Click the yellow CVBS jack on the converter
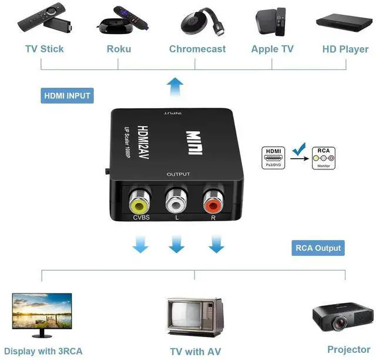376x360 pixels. coord(139,204)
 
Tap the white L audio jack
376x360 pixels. coord(176,203)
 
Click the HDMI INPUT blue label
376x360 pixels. coord(68,95)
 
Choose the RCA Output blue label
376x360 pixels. coord(317,248)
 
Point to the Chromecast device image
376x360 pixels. coord(197,22)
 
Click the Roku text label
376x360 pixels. coord(119,49)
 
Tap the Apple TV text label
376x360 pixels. coord(272,49)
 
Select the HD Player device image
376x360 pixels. coord(341,21)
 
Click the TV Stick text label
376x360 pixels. coord(44,49)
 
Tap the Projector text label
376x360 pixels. coord(349,349)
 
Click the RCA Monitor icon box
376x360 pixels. coord(324,158)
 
